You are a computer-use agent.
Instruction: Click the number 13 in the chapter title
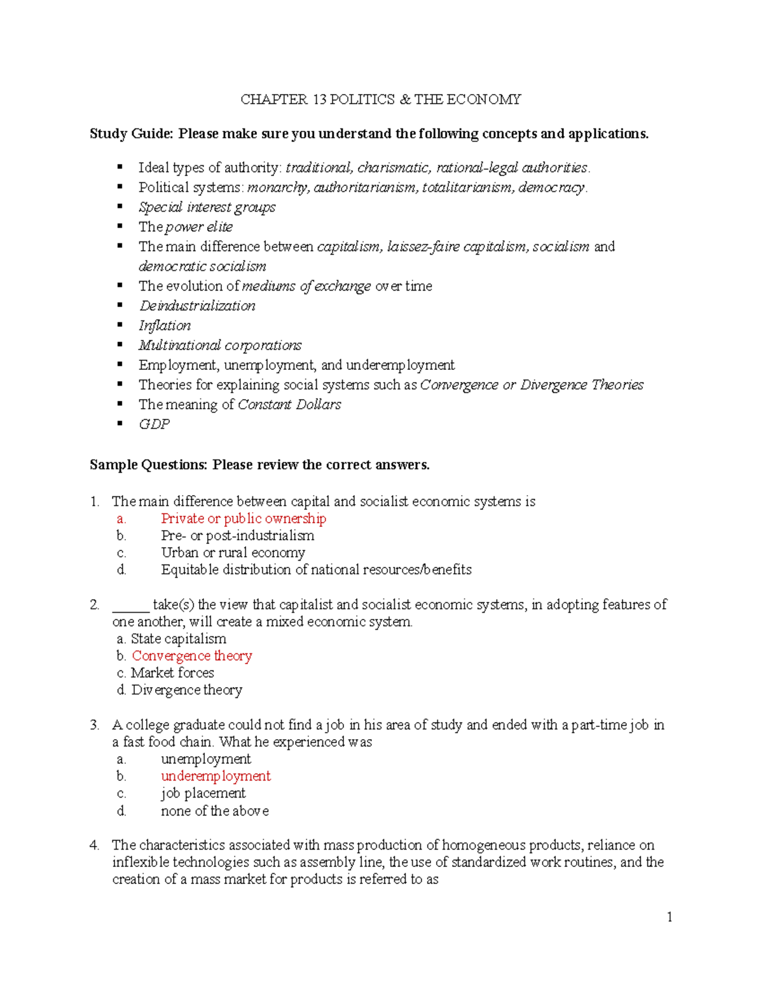click(x=319, y=99)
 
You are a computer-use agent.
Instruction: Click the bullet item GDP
click(x=154, y=424)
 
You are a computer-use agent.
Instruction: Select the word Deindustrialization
click(x=197, y=306)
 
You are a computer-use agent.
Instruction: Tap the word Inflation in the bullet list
click(x=165, y=325)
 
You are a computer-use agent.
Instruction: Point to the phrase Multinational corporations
click(x=220, y=345)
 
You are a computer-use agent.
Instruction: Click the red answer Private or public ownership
click(x=243, y=519)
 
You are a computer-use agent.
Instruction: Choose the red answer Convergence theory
click(x=191, y=656)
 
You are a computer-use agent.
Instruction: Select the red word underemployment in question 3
click(x=216, y=776)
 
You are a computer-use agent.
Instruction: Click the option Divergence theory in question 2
click(x=186, y=690)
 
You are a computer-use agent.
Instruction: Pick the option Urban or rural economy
click(x=233, y=553)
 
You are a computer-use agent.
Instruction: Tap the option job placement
click(x=203, y=793)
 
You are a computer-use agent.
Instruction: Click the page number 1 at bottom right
click(x=670, y=916)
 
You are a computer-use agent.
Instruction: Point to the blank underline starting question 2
click(x=130, y=606)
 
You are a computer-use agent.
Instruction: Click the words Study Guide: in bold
click(x=131, y=133)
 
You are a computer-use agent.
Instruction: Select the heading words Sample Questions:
click(x=148, y=465)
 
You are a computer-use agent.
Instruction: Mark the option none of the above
click(x=214, y=811)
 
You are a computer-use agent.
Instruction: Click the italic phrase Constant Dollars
click(x=289, y=404)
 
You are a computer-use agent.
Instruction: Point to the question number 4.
click(x=94, y=845)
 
